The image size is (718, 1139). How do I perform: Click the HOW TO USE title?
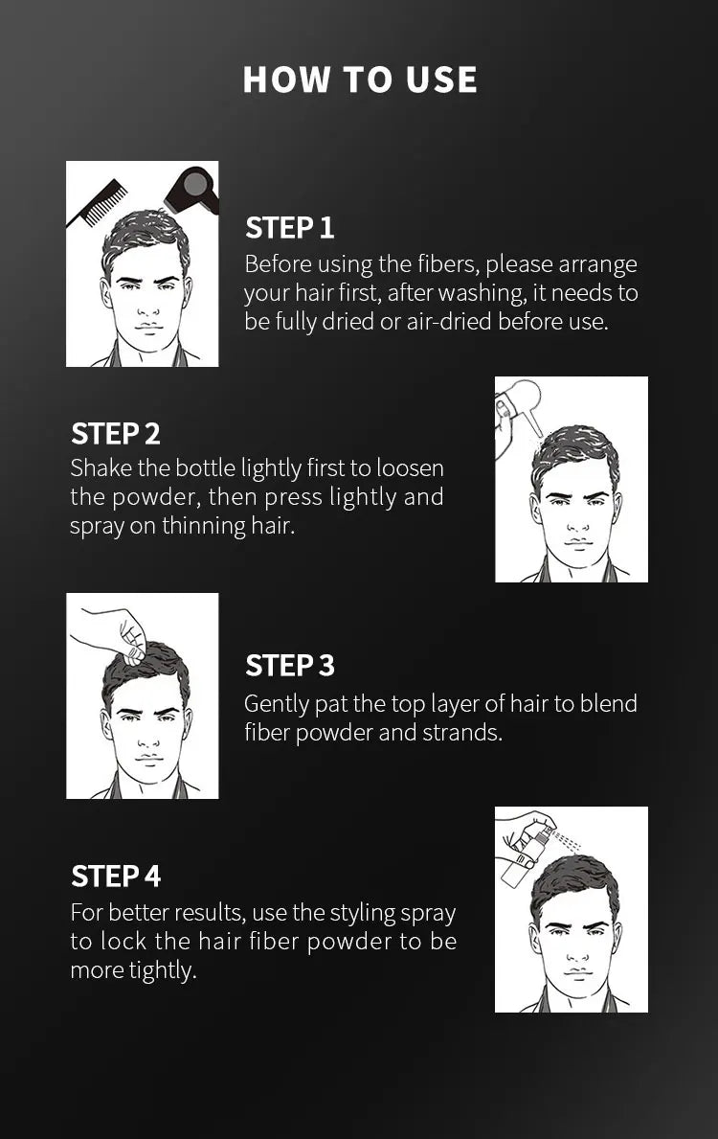359,80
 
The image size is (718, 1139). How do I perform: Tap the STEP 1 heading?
289,228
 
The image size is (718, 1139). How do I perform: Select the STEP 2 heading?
115,434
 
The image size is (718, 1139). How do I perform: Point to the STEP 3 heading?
289,665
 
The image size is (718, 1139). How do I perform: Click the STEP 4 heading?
115,876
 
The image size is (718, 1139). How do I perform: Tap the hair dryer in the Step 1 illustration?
191,188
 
